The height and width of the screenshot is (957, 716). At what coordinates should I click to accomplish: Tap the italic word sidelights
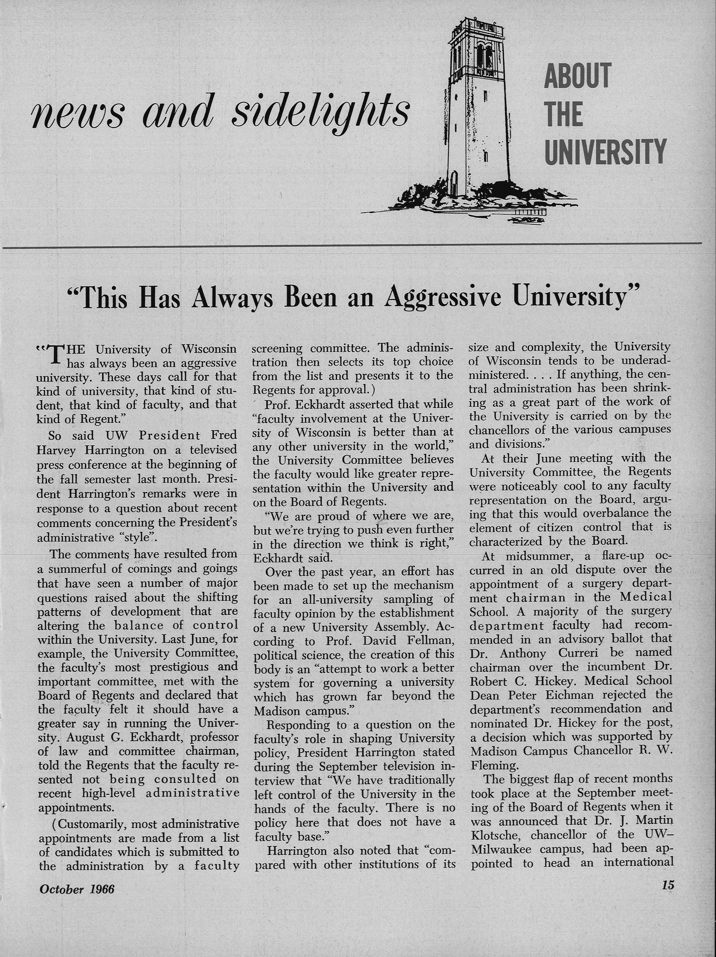coord(321,108)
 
